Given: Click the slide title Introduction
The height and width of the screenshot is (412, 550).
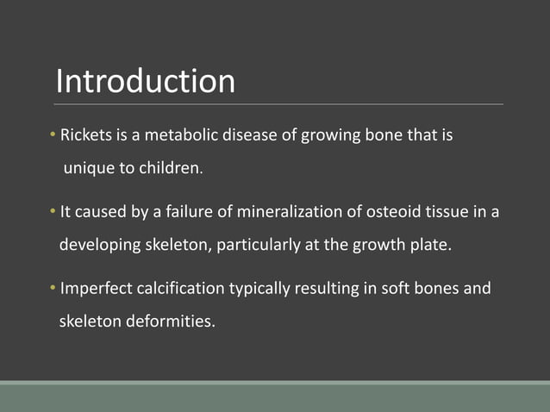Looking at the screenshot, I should pos(145,81).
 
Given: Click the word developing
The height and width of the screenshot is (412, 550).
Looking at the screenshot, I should pos(98,245).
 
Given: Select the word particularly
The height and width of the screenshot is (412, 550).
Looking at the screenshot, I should pos(257,245).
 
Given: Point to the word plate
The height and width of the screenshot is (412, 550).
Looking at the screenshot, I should pos(429,245).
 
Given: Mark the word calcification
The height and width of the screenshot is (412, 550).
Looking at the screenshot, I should pos(180,288).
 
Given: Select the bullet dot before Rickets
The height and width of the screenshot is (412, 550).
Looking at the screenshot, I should pos(53,136).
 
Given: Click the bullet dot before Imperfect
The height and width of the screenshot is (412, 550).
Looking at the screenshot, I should pos(53,288).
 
